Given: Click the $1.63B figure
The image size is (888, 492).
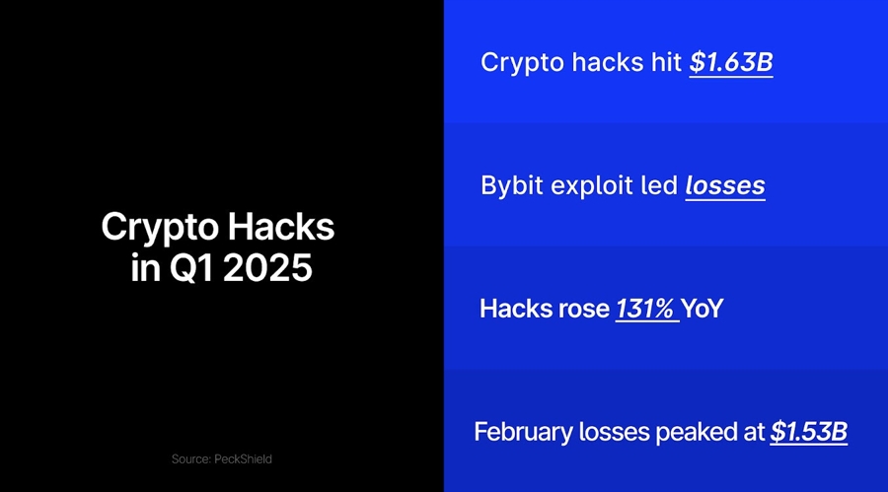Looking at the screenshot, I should click(x=730, y=62).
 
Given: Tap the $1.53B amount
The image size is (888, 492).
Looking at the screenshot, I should click(x=808, y=432).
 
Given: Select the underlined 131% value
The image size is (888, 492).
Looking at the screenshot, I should click(x=645, y=309).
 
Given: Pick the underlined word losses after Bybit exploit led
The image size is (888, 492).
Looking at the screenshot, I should click(x=725, y=185).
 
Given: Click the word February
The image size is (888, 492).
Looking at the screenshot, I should click(x=519, y=432).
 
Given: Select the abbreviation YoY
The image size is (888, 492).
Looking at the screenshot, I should click(x=703, y=309).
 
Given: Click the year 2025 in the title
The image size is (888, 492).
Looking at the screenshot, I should click(x=267, y=267).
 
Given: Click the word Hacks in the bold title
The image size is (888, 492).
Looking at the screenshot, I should click(x=282, y=229).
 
